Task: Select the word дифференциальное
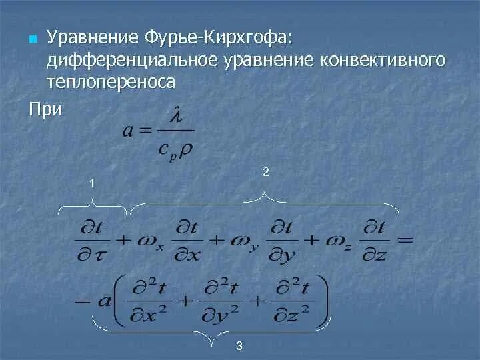pyautogui.click(x=129, y=60)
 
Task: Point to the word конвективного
pyautogui.click(x=383, y=60)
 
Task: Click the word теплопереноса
pyautogui.click(x=111, y=82)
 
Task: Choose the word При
pyautogui.click(x=45, y=108)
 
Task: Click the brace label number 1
pyautogui.click(x=93, y=183)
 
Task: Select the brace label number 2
pyautogui.click(x=265, y=172)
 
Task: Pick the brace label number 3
pyautogui.click(x=239, y=345)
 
